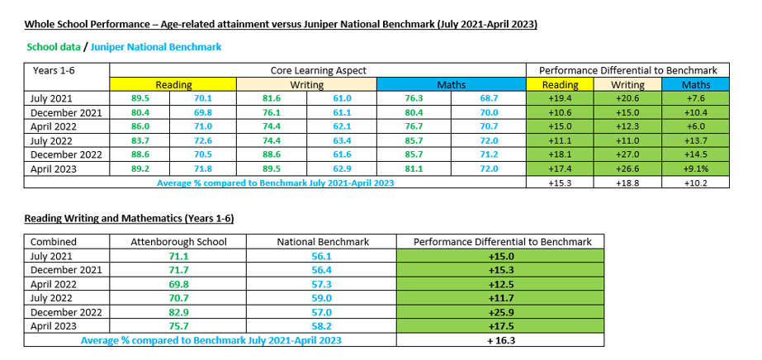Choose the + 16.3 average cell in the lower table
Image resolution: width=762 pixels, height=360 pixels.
(x=501, y=340)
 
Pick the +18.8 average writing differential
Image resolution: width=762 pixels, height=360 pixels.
(x=627, y=183)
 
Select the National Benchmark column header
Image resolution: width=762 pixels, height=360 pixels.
(x=323, y=242)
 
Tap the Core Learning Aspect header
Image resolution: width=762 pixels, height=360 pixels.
(x=318, y=71)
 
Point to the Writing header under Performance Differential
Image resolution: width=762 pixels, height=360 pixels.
(x=627, y=85)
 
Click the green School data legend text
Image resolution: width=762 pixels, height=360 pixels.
(x=52, y=47)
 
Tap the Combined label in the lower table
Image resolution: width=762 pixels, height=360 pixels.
(x=53, y=242)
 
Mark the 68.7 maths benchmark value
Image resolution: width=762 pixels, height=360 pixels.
(x=490, y=99)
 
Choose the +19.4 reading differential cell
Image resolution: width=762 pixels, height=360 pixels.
(x=560, y=99)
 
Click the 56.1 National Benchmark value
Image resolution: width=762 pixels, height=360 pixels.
(x=323, y=257)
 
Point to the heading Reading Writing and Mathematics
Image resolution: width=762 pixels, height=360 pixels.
(x=128, y=219)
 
